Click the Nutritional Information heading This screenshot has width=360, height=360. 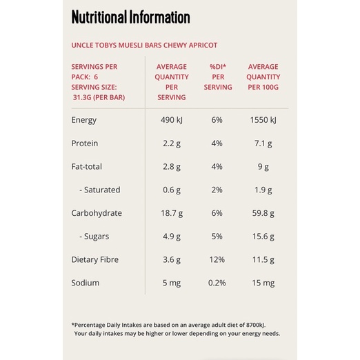130,17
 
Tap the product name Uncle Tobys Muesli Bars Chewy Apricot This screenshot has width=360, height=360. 144,45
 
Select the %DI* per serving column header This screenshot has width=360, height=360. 218,77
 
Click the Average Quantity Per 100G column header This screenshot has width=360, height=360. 263,77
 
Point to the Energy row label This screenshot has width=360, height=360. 84,120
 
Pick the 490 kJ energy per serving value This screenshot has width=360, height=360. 172,120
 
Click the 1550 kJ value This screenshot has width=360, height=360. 263,120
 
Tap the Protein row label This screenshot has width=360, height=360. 85,143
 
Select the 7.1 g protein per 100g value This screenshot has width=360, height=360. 263,143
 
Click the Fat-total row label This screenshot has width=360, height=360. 86,166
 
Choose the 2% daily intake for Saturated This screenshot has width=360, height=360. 217,190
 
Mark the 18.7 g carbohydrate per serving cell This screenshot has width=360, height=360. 172,213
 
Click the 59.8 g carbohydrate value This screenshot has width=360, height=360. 263,213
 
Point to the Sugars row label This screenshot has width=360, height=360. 94,237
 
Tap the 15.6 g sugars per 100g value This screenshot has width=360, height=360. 263,237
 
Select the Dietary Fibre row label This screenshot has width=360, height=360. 95,259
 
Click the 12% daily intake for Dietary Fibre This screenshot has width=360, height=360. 217,259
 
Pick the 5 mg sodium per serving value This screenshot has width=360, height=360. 172,283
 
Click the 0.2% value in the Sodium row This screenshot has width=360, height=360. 217,283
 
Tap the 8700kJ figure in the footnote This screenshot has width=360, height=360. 256,325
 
